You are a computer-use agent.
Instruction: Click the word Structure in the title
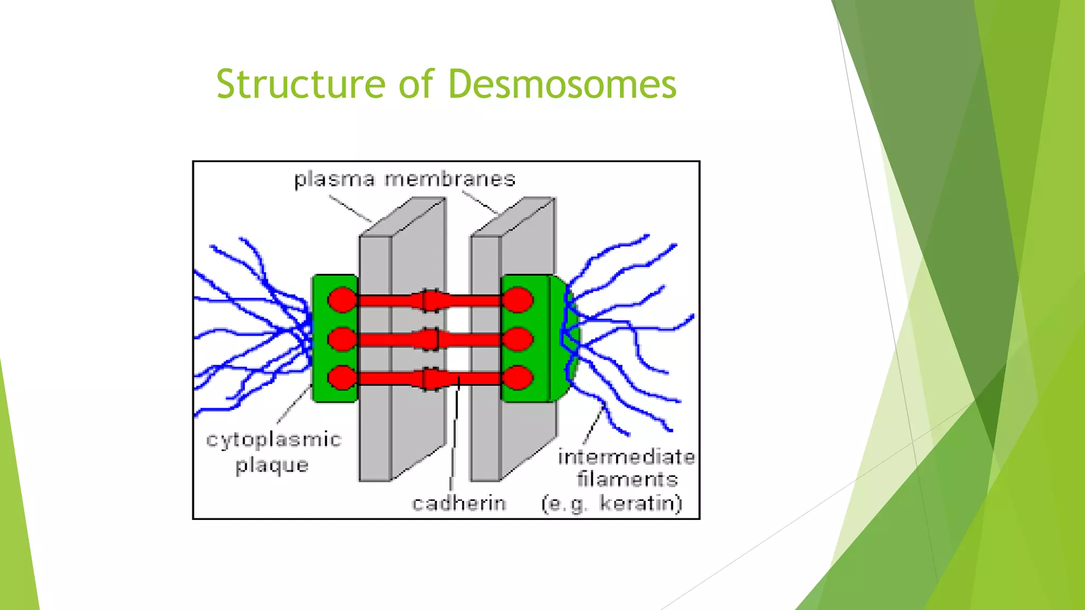click(x=300, y=84)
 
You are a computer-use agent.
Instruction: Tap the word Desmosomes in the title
click(x=562, y=84)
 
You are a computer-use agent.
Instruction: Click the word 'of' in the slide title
click(x=416, y=84)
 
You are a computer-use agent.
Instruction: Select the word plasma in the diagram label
click(x=334, y=180)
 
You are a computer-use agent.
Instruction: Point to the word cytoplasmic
click(x=273, y=440)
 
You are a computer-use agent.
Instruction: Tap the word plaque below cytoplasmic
click(x=272, y=465)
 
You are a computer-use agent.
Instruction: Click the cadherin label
click(x=459, y=503)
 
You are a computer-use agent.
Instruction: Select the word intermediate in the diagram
click(x=626, y=456)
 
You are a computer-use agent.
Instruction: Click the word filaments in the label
click(x=627, y=479)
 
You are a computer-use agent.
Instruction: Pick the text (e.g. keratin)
click(x=612, y=503)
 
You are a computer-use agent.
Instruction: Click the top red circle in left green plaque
click(x=342, y=300)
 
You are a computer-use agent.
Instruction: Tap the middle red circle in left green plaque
click(x=342, y=339)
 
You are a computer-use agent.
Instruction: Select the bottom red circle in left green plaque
click(x=342, y=378)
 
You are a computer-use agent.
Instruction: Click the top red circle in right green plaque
click(x=518, y=300)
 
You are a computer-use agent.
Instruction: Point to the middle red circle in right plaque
click(x=518, y=339)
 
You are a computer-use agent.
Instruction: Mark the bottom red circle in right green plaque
click(x=518, y=378)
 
